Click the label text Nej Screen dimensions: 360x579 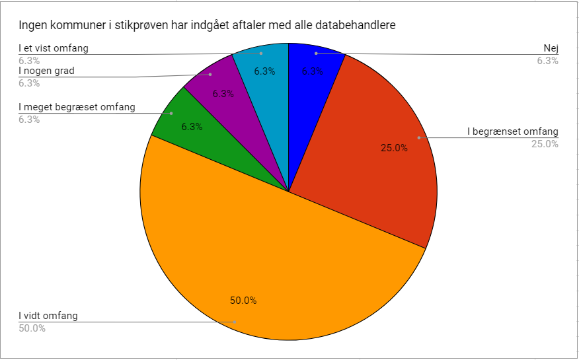[x=551, y=48]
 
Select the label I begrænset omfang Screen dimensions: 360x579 [x=513, y=131]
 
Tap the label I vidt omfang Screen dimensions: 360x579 [x=48, y=316]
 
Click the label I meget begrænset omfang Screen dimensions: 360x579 [x=77, y=107]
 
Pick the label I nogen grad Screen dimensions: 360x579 [x=46, y=71]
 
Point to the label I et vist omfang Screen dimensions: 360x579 [x=54, y=48]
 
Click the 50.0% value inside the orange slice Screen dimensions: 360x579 [x=243, y=301]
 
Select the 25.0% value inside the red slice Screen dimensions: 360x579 [x=394, y=148]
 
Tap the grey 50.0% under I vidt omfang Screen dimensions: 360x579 [x=32, y=328]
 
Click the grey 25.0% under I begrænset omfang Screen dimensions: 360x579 [x=545, y=144]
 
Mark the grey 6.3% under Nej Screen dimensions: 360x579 [x=548, y=61]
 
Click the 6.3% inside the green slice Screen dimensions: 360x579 [x=192, y=127]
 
